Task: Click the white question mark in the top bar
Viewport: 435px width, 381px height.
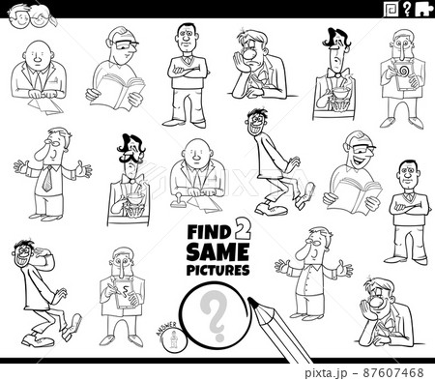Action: pyautogui.click(x=409, y=10)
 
